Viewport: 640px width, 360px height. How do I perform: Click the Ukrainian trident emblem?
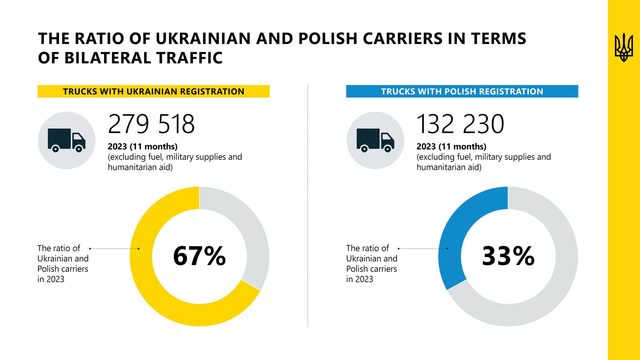624,47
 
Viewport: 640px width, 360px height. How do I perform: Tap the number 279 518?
151,124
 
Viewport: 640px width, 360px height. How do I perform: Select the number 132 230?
460,124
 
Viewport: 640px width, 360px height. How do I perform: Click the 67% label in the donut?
199,256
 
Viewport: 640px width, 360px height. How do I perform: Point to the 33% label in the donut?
508,256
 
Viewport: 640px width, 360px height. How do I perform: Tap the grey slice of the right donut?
556,281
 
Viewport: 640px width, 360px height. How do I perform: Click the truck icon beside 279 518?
67,140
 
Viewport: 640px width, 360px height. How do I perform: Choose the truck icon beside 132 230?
375,140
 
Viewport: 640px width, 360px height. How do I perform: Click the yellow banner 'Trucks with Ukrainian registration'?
153,91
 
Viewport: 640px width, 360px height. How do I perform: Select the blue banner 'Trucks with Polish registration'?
462,91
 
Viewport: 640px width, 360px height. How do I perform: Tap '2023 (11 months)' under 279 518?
142,146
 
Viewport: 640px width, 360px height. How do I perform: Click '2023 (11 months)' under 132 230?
451,146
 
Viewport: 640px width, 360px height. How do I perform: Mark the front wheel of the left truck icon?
79,149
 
